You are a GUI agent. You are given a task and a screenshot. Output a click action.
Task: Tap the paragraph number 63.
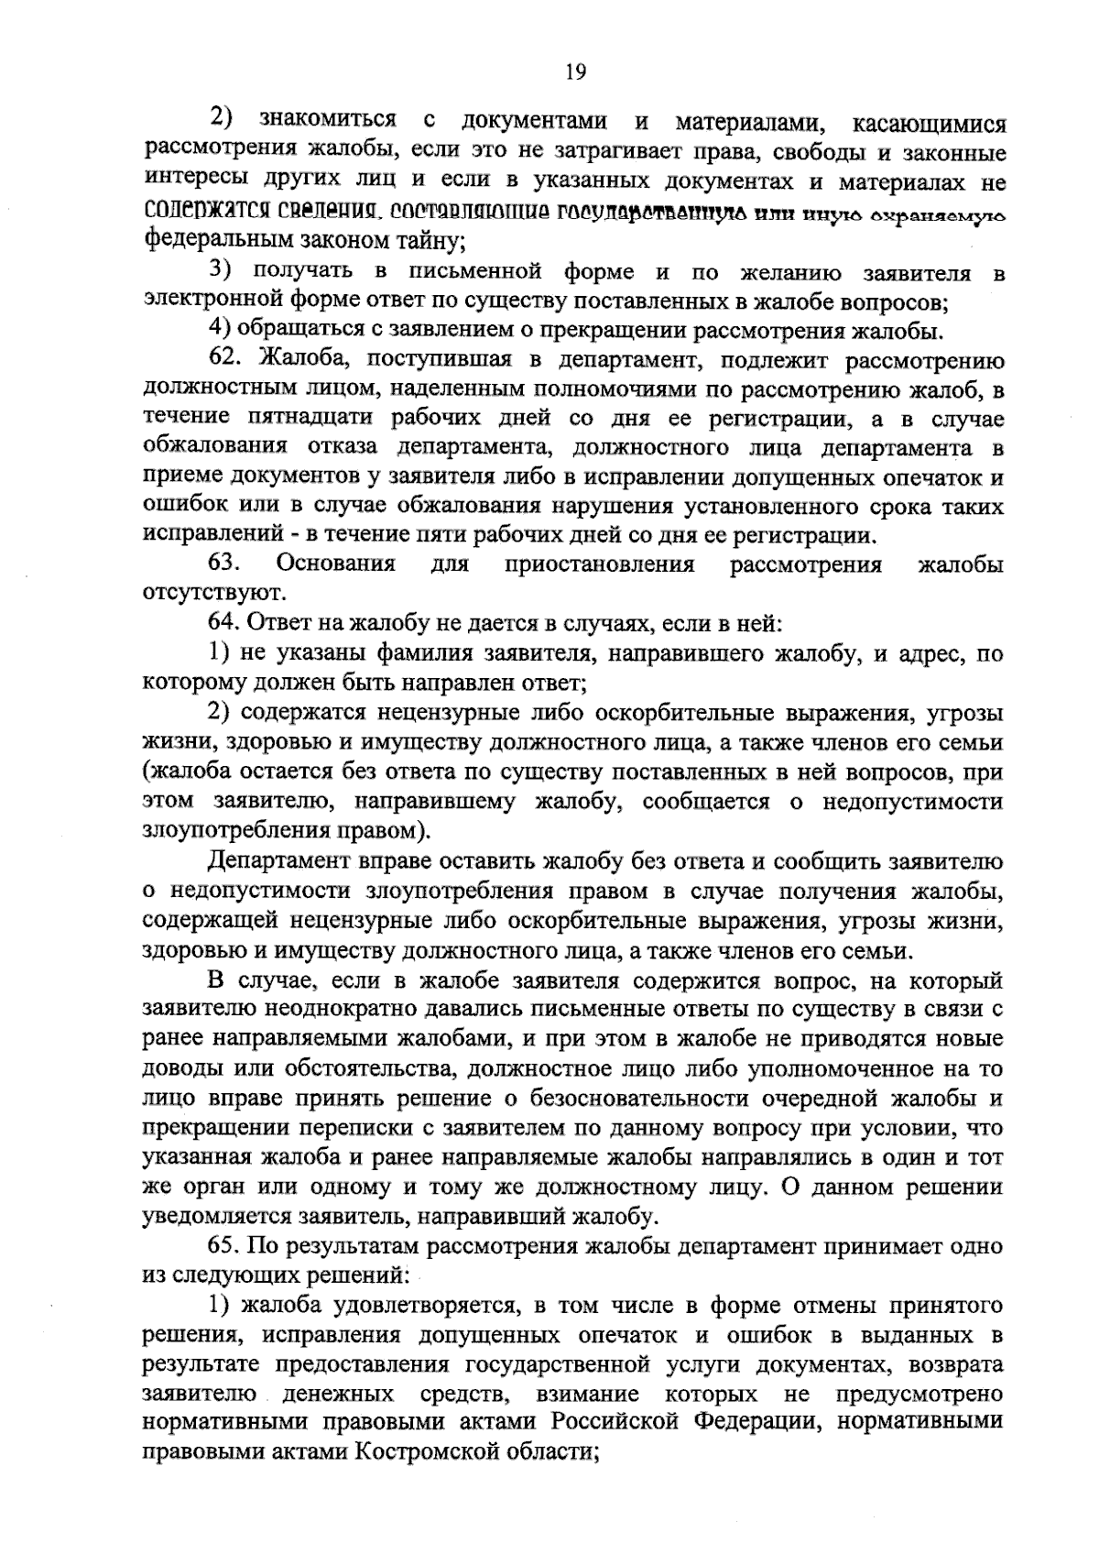[224, 564]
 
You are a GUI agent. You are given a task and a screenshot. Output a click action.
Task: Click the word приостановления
[600, 564]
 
